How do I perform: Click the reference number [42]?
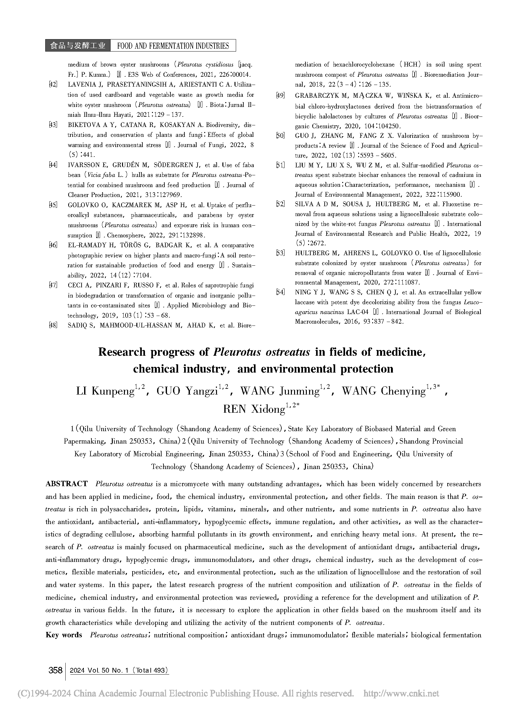(x=53, y=85)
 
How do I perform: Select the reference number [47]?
(x=53, y=285)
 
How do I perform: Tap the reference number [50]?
(x=280, y=136)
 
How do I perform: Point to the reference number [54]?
(x=280, y=292)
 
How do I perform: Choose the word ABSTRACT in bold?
(x=66, y=484)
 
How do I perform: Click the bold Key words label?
(x=64, y=635)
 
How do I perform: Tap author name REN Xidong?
(x=254, y=409)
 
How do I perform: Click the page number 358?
(x=55, y=671)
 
